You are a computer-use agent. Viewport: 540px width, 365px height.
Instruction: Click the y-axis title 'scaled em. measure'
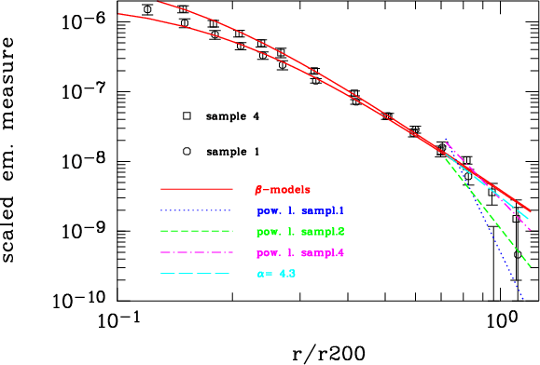pyautogui.click(x=7, y=150)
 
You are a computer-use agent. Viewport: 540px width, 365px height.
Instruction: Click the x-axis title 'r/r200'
pyautogui.click(x=328, y=353)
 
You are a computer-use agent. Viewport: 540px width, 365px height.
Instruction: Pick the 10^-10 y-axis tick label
pyautogui.click(x=79, y=300)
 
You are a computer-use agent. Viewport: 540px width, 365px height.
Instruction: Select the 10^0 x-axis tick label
pyautogui.click(x=502, y=320)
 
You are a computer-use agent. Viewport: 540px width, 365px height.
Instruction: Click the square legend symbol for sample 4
pyautogui.click(x=187, y=116)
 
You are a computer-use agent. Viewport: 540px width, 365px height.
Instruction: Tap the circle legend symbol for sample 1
pyautogui.click(x=187, y=151)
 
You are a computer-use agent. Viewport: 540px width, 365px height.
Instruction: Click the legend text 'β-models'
pyautogui.click(x=283, y=190)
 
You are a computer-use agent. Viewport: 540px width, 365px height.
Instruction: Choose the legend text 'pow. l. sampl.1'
pyautogui.click(x=300, y=210)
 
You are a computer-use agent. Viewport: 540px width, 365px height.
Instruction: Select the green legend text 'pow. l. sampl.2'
pyautogui.click(x=300, y=232)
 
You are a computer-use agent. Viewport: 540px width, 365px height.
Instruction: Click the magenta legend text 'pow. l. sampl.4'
pyautogui.click(x=300, y=253)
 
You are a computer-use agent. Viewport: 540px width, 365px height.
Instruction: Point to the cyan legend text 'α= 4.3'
pyautogui.click(x=276, y=274)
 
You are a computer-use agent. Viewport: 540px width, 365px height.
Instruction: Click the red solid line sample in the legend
pyautogui.click(x=197, y=189)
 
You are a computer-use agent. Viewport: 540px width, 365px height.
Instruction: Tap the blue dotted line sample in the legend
pyautogui.click(x=196, y=210)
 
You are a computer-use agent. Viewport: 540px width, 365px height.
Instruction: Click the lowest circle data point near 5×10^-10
pyautogui.click(x=518, y=255)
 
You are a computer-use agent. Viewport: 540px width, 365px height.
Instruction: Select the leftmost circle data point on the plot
pyautogui.click(x=147, y=9)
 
